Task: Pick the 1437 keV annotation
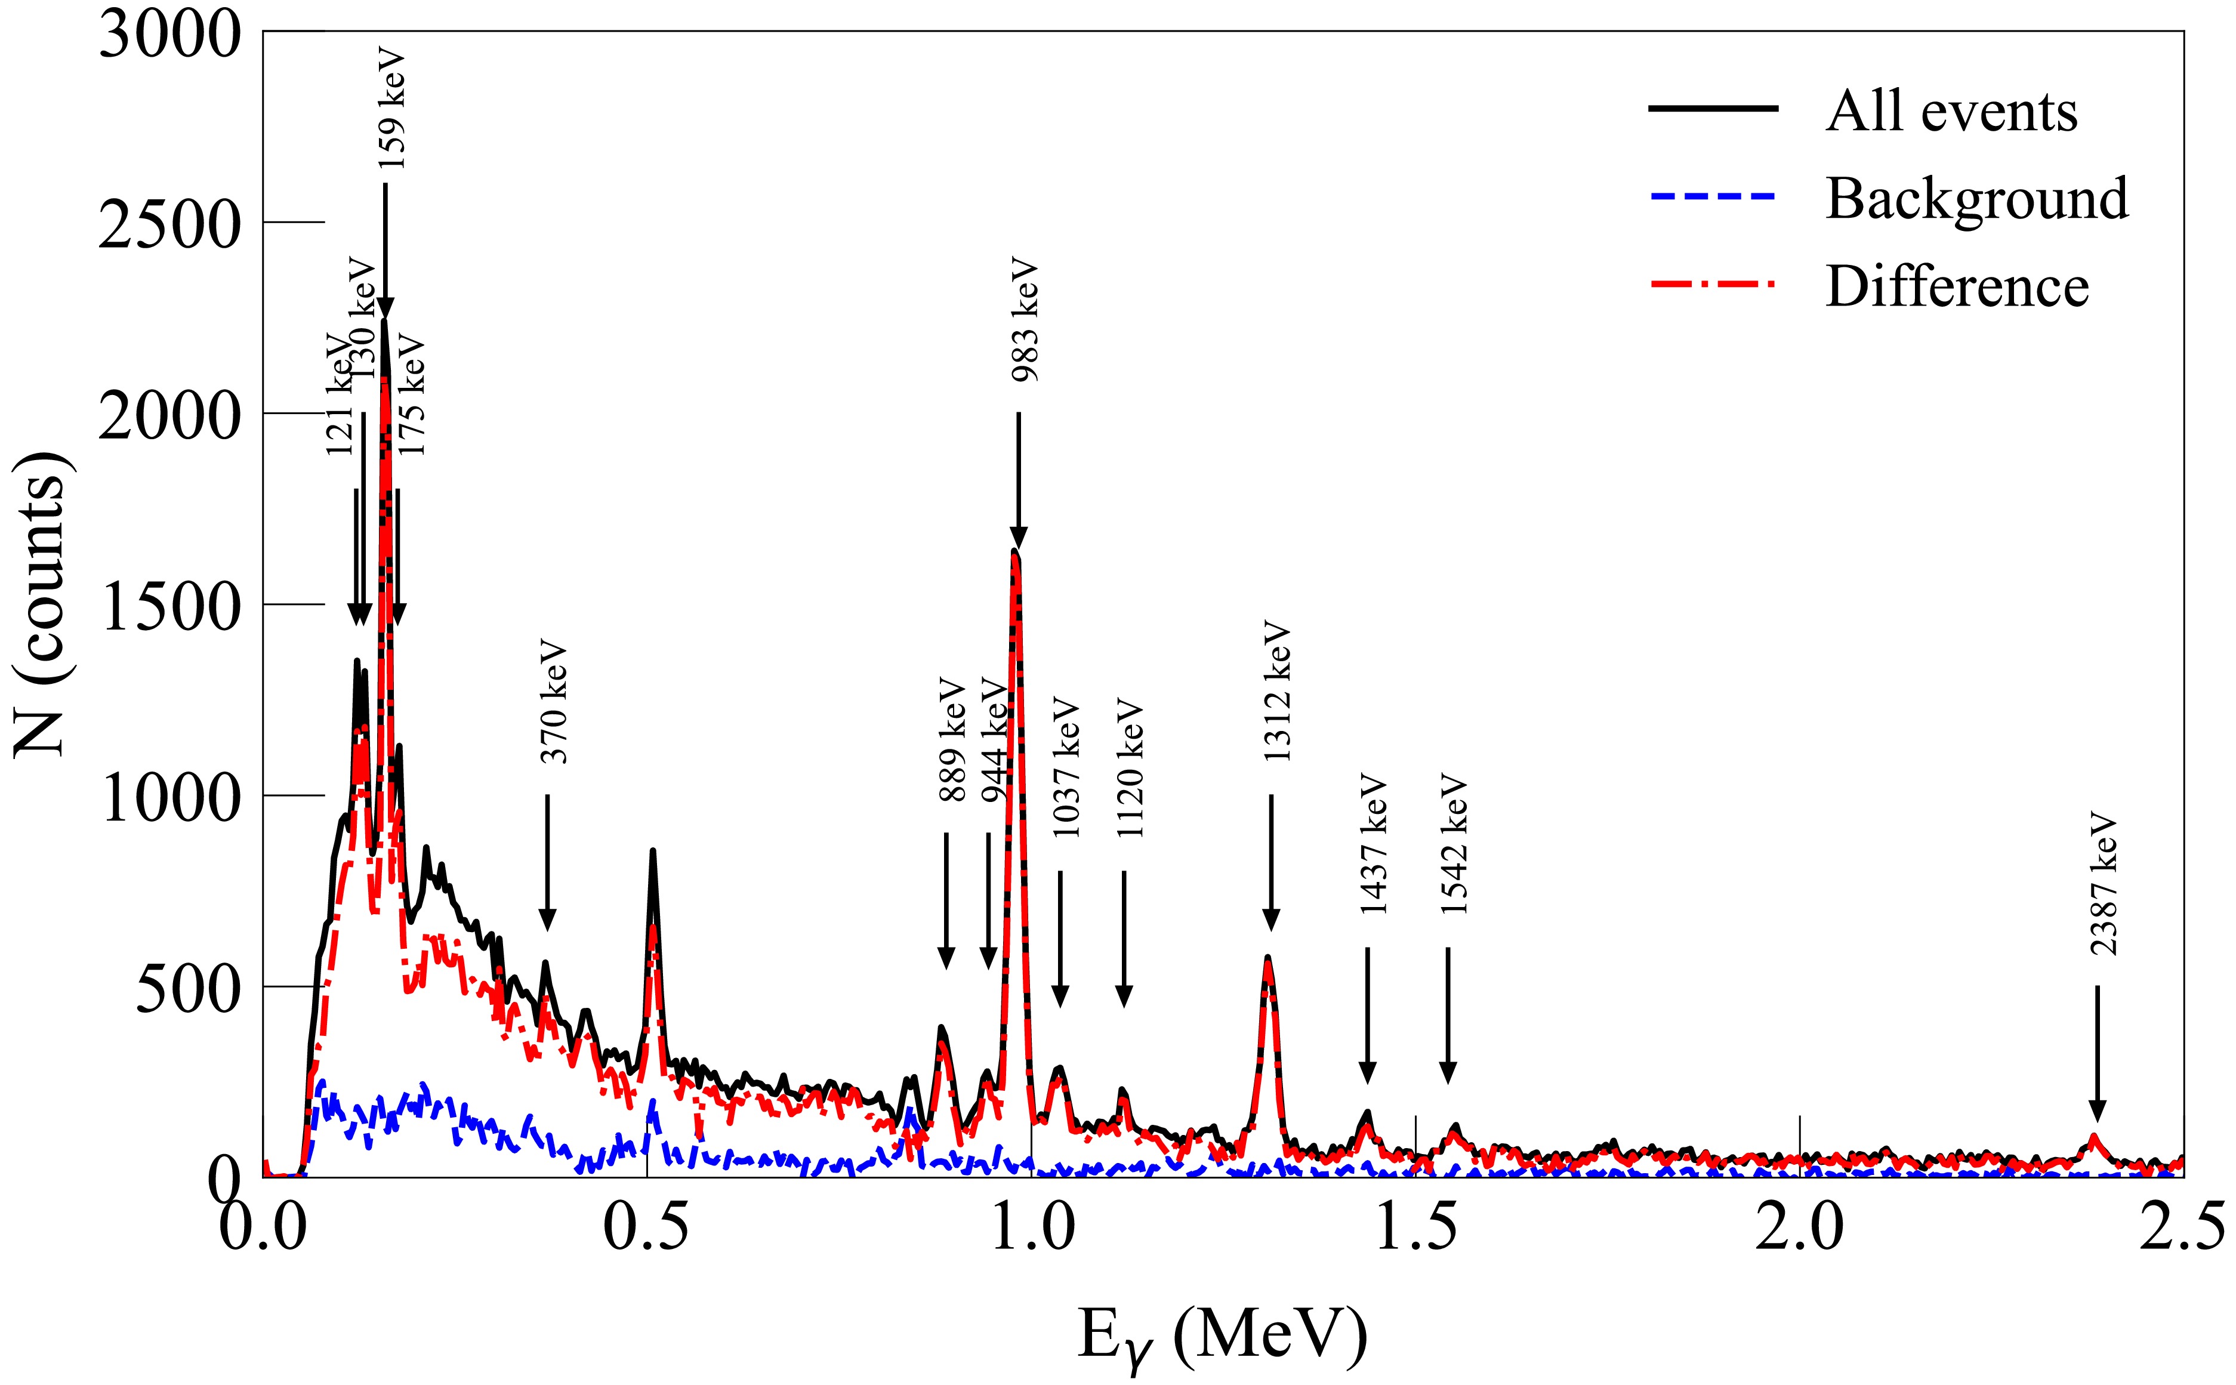1373,846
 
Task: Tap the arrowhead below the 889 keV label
946,957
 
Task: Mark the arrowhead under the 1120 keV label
1124,997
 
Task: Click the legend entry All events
1951,112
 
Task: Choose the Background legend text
1977,199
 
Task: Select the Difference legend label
1957,286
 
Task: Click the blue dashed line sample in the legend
1713,197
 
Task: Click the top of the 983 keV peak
1015,551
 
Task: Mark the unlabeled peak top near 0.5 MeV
652,852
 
